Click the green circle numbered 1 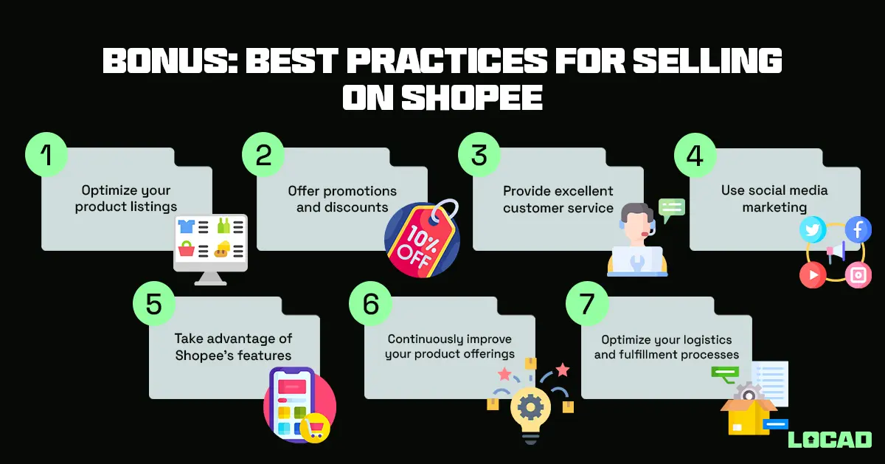(46, 156)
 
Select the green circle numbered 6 (369, 305)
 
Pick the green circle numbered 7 (586, 305)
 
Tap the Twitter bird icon (813, 230)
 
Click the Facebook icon (858, 230)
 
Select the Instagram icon (858, 275)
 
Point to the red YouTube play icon (813, 275)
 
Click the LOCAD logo (830, 440)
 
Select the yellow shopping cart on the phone (316, 428)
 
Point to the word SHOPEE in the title (472, 98)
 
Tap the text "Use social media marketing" (774, 198)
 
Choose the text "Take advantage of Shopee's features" (233, 347)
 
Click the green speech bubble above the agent (671, 208)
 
